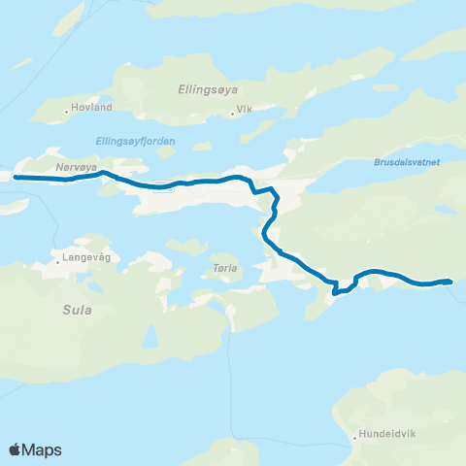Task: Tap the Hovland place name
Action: (x=92, y=106)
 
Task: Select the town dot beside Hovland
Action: (x=67, y=111)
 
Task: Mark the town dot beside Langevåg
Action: (x=57, y=261)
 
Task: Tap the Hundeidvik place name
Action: (x=388, y=434)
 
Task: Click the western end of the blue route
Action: (x=16, y=178)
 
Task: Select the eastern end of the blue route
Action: (x=450, y=282)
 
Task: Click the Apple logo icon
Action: (x=16, y=449)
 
